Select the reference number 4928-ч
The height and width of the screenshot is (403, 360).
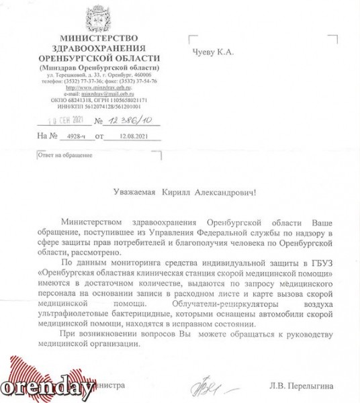(x=69, y=136)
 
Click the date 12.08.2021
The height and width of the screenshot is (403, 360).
(x=131, y=136)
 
